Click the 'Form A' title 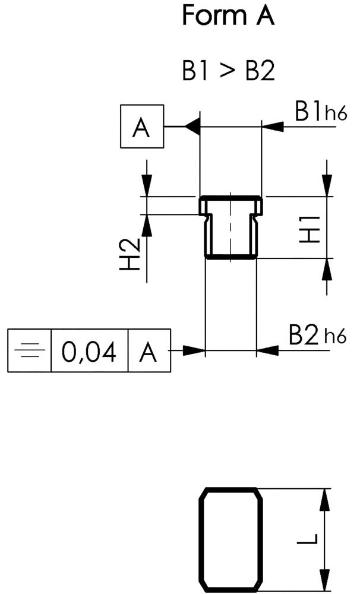pos(228,16)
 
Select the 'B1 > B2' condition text pos(228,72)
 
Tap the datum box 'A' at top pos(141,127)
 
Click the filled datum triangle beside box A pos(191,127)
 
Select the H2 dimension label pos(130,254)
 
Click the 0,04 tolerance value pos(90,351)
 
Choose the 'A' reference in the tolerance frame pos(149,351)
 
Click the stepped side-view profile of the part pos(230,228)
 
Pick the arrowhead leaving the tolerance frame pos(194,350)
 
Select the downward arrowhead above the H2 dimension pos(146,187)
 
